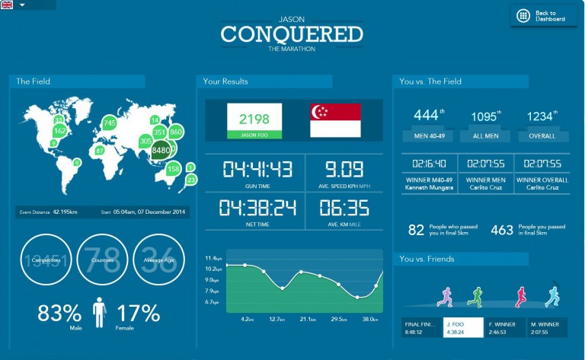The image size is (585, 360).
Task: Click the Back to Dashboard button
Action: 542,15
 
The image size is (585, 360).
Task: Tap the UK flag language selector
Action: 7,5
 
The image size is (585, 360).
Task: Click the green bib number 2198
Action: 254,118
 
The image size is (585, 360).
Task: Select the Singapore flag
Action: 335,121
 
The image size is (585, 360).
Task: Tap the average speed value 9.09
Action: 343,169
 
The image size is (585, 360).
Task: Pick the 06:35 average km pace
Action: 343,207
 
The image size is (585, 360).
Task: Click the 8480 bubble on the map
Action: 161,150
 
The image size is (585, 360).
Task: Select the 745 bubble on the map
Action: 109,123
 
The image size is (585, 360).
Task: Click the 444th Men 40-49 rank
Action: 426,116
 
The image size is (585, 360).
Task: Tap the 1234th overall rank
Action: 542,116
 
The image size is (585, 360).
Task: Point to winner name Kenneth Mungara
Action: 429,187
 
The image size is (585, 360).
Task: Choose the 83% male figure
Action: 59,313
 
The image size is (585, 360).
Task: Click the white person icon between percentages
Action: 99,313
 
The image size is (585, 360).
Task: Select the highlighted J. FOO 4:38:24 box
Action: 463,327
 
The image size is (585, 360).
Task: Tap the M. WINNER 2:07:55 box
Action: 546,327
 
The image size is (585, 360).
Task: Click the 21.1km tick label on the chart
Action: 308,320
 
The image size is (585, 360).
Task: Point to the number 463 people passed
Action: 502,230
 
